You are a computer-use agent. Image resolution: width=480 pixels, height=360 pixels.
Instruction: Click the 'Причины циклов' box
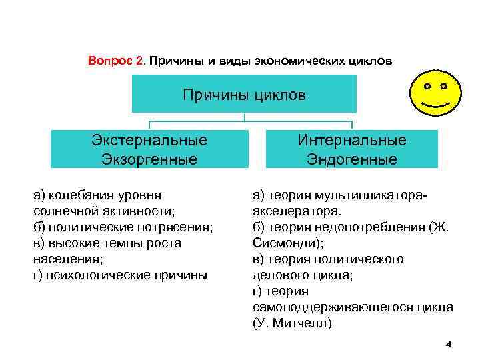pyautogui.click(x=244, y=95)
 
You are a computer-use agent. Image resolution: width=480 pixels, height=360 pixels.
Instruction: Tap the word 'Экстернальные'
pyautogui.click(x=149, y=141)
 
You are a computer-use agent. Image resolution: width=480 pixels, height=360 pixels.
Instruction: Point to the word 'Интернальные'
pyautogui.click(x=352, y=141)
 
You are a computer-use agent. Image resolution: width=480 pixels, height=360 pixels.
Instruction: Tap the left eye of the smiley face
pyautogui.click(x=427, y=87)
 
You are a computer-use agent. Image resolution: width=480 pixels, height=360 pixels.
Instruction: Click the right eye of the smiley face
pyautogui.click(x=444, y=87)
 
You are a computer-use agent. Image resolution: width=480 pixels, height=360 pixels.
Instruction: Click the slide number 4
pyautogui.click(x=448, y=345)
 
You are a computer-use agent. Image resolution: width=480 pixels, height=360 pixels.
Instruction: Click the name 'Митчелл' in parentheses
pyautogui.click(x=304, y=323)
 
